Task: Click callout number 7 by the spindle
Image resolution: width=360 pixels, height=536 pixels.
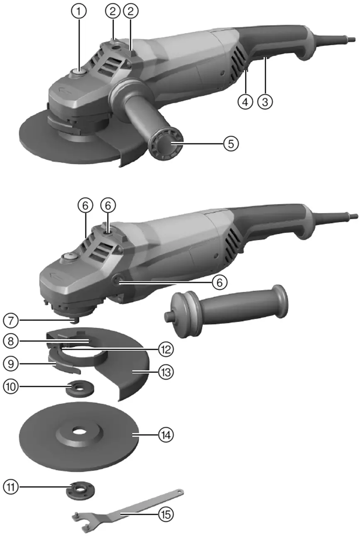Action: point(11,320)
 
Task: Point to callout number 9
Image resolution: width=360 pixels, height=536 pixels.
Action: point(11,364)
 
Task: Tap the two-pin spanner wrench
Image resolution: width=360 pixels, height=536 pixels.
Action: point(124,505)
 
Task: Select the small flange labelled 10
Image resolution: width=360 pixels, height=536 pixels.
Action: point(79,388)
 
